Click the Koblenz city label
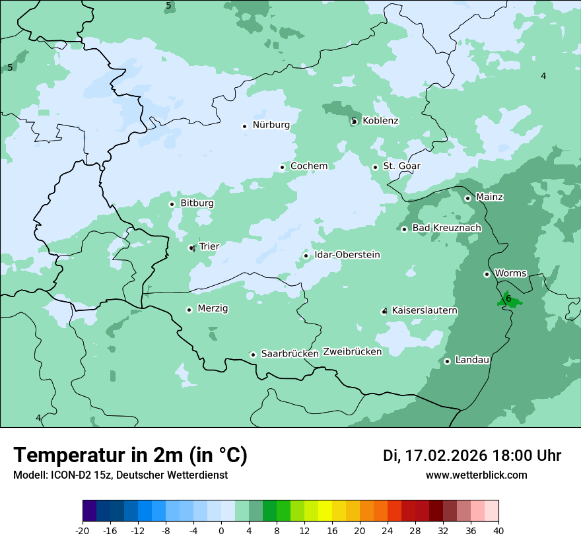point(380,121)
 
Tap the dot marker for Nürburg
point(244,126)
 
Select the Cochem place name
point(309,166)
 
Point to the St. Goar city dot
point(375,167)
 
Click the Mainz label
point(489,197)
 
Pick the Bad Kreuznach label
point(446,228)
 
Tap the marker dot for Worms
point(487,274)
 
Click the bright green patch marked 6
point(509,300)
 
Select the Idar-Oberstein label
point(347,255)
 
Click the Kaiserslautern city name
point(425,311)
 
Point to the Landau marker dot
point(447,361)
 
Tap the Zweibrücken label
point(353,352)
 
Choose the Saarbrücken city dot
point(253,355)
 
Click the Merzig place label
point(213,309)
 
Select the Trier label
point(209,247)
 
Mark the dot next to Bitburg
point(172,204)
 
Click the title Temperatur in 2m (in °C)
point(130,456)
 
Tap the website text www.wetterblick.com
point(476,475)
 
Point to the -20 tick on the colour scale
point(83,530)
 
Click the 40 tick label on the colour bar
point(498,530)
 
